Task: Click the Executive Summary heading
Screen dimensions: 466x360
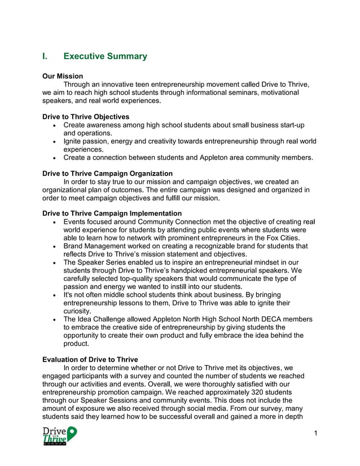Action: (x=105, y=56)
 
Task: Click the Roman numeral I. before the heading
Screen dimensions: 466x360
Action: (x=45, y=56)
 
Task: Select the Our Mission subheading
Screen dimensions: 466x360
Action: (x=63, y=76)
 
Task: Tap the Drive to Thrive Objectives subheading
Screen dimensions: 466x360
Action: (x=86, y=116)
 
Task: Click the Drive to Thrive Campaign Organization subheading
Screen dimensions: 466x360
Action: (x=108, y=173)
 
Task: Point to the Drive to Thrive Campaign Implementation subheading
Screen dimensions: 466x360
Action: (x=112, y=213)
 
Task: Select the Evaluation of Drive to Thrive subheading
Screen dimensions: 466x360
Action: (x=90, y=360)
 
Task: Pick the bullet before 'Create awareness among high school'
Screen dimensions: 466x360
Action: (x=54, y=125)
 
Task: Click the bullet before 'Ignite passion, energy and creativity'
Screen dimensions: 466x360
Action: (x=54, y=142)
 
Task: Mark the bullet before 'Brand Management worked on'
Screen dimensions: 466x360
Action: (x=54, y=247)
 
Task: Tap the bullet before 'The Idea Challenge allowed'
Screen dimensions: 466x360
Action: (x=54, y=320)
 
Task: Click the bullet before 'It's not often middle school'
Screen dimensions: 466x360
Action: (x=54, y=295)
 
